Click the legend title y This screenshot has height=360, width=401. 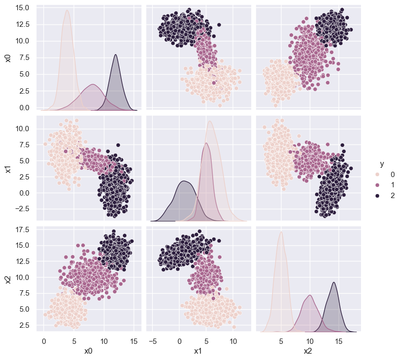382,164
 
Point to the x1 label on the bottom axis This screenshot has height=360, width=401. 199,351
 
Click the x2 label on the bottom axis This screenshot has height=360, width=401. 308,351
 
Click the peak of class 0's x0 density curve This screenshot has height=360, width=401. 67,11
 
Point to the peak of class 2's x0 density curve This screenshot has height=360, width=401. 116,54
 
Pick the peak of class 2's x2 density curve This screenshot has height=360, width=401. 334,282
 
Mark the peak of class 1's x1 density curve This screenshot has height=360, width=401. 206,142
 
